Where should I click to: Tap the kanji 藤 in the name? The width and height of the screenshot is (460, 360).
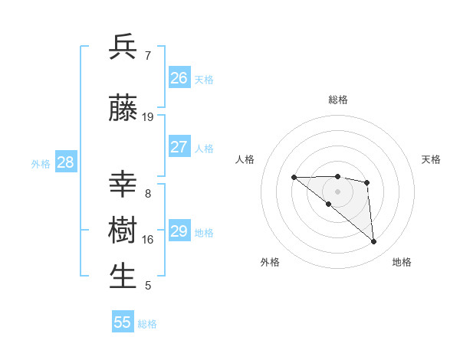(x=123, y=109)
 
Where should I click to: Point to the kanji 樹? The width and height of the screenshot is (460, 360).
(x=123, y=231)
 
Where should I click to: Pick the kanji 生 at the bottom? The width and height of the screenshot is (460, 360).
(x=123, y=277)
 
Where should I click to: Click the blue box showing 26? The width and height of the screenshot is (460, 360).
(x=179, y=77)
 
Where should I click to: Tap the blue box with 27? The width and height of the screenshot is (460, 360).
(x=179, y=147)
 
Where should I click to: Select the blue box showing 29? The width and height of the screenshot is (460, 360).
(x=179, y=231)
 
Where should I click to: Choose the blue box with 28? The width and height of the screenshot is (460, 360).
(x=65, y=162)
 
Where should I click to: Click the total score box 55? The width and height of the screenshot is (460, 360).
(x=123, y=322)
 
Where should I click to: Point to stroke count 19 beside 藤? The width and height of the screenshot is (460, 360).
(x=148, y=117)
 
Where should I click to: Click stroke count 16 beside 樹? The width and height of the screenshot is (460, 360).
(x=148, y=240)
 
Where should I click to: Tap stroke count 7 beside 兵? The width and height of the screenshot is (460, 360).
(x=148, y=55)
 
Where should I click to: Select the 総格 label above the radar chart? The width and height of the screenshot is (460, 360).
(x=338, y=100)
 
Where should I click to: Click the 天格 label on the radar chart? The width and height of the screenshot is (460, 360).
(x=432, y=159)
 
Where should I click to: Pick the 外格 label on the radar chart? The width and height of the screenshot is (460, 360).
(x=270, y=262)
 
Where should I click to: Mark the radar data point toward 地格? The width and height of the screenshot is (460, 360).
(x=374, y=242)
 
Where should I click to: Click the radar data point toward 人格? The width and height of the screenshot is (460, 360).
(x=294, y=178)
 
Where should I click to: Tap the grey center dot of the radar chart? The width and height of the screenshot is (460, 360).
(x=338, y=191)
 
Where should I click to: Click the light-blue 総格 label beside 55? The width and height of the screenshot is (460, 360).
(x=147, y=324)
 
